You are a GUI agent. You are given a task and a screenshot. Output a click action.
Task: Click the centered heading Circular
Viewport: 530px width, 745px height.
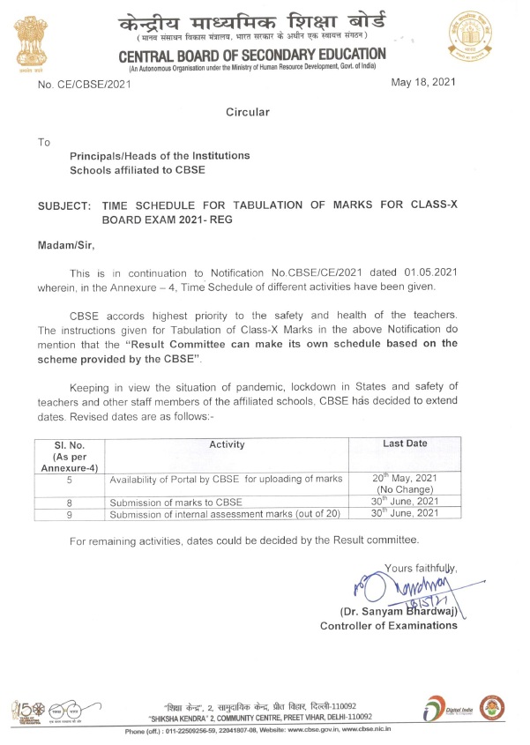[248, 112]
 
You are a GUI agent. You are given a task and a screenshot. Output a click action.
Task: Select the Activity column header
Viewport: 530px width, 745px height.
[227, 444]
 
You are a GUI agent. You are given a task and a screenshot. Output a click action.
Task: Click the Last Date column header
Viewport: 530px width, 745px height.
[406, 444]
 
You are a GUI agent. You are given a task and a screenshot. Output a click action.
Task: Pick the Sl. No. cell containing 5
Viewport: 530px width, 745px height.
[69, 481]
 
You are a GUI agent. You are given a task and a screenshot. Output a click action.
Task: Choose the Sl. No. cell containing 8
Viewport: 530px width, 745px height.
[69, 502]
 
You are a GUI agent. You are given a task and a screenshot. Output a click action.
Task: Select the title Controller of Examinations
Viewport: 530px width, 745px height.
[389, 625]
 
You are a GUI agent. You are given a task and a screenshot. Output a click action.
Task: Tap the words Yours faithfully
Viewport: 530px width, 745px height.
[422, 566]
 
